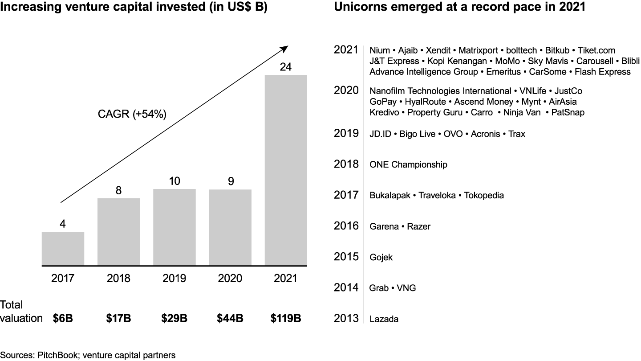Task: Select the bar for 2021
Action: [285, 170]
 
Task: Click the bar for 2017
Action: [63, 249]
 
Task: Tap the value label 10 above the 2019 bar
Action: [174, 181]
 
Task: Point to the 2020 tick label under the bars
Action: [230, 279]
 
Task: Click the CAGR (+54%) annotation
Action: [132, 114]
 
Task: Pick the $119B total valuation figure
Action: [285, 319]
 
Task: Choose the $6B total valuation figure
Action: [63, 319]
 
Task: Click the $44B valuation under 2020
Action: [230, 319]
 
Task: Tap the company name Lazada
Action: [384, 319]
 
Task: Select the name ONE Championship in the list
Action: [408, 165]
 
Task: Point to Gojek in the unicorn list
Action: [381, 258]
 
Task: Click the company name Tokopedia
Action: [484, 196]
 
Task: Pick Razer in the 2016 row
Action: [419, 227]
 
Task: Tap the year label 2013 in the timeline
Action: [346, 318]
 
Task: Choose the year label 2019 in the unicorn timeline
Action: [346, 133]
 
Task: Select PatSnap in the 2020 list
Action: [568, 113]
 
